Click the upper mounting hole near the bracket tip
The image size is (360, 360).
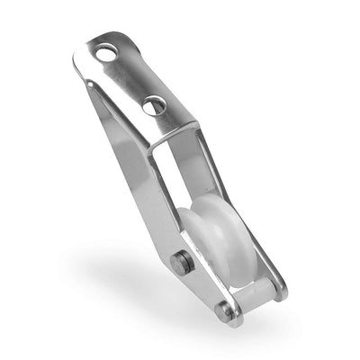point(107,55)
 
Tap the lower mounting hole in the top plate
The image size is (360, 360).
point(153,105)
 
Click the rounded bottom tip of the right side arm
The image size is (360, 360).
point(281,290)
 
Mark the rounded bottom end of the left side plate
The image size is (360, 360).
point(229,319)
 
